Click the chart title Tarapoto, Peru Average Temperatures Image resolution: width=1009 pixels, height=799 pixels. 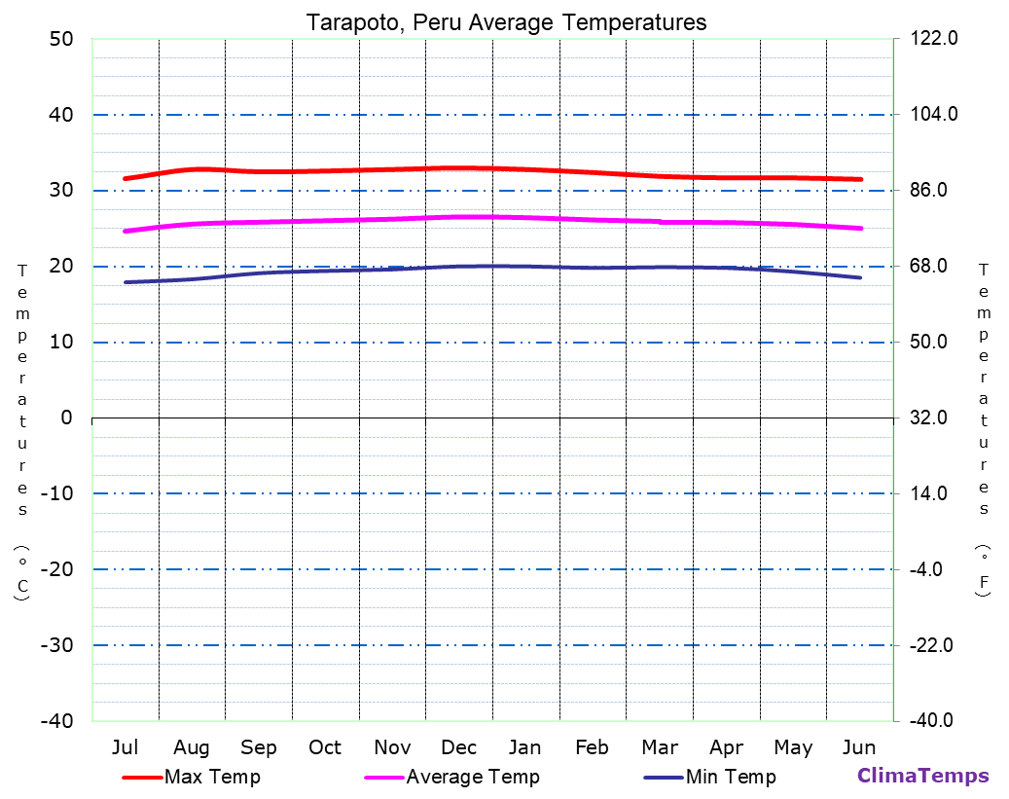506,21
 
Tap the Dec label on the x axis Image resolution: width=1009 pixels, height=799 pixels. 458,747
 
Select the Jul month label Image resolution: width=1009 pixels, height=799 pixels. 125,747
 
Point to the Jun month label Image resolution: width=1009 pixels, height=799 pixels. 858,747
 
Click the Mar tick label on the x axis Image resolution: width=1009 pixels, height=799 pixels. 659,747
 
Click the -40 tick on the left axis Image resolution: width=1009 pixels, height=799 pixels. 55,721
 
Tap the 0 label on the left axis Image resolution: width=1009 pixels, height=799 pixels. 66,418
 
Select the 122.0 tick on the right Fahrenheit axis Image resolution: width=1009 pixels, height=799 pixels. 933,39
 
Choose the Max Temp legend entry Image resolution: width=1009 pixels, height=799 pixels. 212,777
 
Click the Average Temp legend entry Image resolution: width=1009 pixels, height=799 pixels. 472,777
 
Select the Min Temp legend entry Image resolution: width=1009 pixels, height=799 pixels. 731,777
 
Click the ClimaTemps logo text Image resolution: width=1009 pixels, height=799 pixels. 922,776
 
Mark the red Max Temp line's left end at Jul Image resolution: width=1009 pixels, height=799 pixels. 126,178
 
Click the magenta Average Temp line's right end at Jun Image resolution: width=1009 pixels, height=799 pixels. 860,229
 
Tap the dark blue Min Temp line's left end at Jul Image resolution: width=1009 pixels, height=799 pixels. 126,282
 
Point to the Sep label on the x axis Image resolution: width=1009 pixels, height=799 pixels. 258,747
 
